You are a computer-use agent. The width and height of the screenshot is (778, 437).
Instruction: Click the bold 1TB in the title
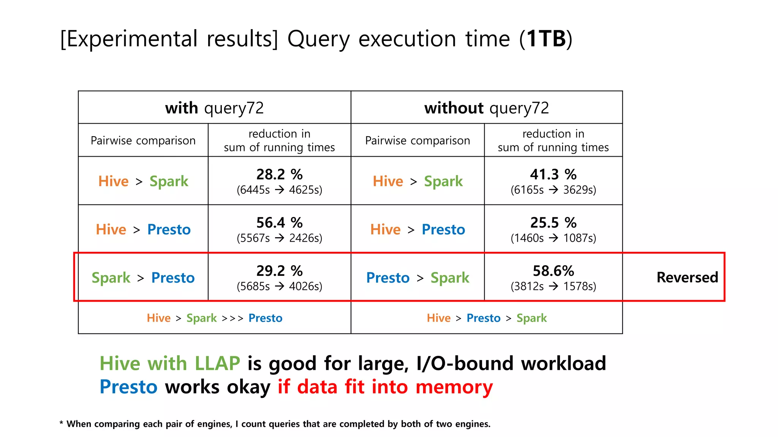pos(546,39)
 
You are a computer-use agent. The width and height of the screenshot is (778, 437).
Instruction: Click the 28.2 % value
pos(279,174)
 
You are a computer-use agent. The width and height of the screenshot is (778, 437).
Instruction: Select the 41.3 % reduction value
pos(553,174)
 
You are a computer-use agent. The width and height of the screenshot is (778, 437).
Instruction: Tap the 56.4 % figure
pos(279,223)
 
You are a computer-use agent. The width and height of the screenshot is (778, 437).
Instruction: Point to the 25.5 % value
pos(553,223)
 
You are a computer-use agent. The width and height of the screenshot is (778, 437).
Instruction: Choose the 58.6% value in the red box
pos(553,271)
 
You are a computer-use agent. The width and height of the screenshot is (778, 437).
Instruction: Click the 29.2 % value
pos(279,271)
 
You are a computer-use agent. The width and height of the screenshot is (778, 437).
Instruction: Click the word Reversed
pos(687,277)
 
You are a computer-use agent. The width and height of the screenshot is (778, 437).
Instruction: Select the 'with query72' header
pos(214,108)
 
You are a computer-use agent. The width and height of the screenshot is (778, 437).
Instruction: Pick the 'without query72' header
pos(487,108)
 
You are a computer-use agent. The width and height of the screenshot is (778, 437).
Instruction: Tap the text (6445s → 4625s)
pos(279,190)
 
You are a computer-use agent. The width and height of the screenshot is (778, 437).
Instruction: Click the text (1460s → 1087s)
pos(553,238)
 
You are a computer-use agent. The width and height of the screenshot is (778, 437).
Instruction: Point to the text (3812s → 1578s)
pos(553,286)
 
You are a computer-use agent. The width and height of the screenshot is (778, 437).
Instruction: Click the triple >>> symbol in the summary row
pos(232,318)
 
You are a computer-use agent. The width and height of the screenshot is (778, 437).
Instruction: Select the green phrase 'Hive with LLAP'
pos(170,363)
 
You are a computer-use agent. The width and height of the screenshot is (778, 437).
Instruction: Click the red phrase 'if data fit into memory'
pos(385,387)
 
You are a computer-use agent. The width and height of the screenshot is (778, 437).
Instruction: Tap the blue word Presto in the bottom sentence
pos(128,387)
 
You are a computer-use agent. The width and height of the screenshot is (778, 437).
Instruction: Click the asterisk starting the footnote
pos(61,423)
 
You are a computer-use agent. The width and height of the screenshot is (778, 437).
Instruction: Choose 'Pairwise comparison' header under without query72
pos(417,141)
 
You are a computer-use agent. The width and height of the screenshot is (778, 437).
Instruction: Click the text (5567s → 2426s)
pos(279,238)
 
